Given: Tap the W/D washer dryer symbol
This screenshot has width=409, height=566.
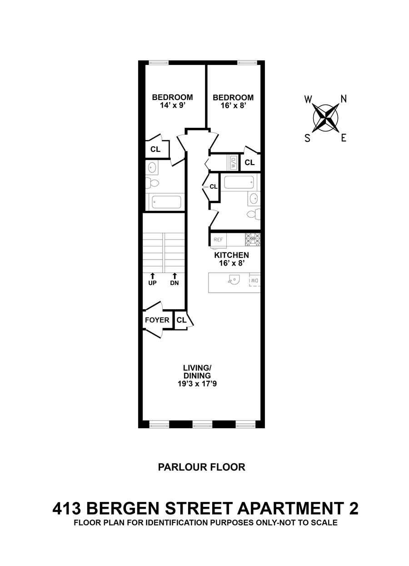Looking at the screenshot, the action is (x=233, y=162).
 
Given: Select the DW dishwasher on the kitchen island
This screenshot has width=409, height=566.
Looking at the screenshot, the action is (x=254, y=281).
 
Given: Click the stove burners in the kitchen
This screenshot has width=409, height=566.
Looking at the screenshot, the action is (x=253, y=239).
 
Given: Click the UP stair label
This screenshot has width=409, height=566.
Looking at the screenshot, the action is (x=152, y=283).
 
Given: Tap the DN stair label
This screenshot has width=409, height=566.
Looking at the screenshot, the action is (x=175, y=283).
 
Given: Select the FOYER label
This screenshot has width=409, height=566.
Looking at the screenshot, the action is (x=157, y=320).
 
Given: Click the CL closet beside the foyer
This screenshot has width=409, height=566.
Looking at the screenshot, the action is (x=181, y=320).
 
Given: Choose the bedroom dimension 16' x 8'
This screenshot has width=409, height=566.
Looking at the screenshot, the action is (x=233, y=105).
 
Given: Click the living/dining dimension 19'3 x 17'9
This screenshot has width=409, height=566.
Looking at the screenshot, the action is (x=197, y=384).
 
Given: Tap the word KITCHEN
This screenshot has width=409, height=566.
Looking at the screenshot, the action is (x=231, y=255).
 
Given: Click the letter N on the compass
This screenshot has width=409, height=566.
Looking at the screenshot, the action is (x=344, y=98).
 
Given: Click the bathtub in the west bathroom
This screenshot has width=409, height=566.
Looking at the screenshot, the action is (x=166, y=201).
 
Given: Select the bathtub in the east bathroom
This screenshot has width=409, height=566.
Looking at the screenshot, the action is (x=238, y=183).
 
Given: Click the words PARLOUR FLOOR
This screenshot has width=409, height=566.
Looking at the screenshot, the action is (x=201, y=467).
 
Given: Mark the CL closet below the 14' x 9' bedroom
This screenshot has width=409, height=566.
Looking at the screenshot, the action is (x=155, y=149).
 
